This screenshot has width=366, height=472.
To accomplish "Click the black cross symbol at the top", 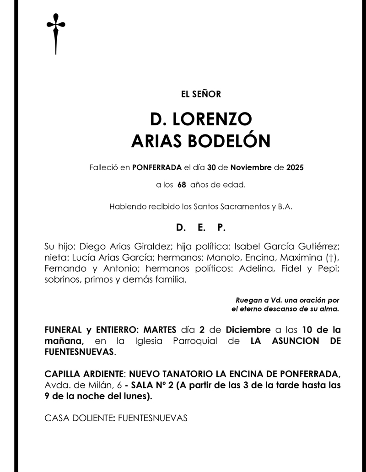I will click(56, 33).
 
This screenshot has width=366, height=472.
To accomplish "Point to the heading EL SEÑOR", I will click(201, 95).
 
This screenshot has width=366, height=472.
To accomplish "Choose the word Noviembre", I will click(251, 167).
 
